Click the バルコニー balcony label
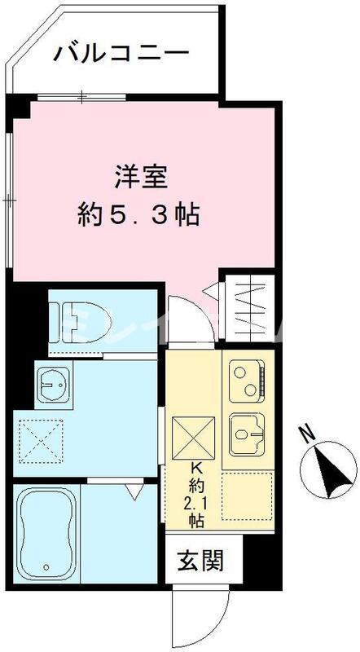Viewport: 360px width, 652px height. click(x=121, y=55)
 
